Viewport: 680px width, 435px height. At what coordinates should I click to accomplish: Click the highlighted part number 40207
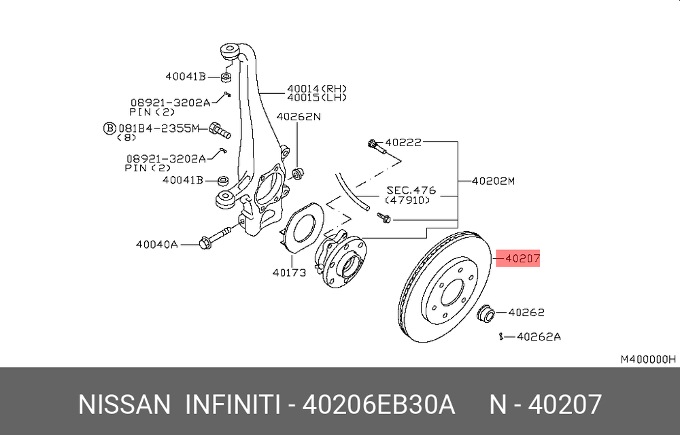pos(522,259)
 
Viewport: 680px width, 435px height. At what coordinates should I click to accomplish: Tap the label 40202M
pos(493,181)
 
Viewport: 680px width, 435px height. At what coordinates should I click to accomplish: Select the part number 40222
pos(403,142)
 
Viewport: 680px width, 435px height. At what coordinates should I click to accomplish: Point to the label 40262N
pos(299,116)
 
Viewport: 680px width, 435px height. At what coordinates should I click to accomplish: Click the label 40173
pos(289,273)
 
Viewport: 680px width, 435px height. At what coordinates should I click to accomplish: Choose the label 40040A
pos(157,245)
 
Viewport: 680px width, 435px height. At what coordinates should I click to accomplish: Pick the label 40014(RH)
pos(317,88)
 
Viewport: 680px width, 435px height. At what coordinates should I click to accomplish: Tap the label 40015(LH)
pos(317,97)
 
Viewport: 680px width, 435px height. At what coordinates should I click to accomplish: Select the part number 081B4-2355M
pos(158,128)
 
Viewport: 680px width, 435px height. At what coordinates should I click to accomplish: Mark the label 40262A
pos(539,336)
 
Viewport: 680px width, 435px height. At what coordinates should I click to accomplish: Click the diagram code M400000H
pos(648,359)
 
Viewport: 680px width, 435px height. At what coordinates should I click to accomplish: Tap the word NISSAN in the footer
pos(124,404)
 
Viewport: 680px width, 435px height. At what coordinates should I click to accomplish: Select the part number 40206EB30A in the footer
pos(378,404)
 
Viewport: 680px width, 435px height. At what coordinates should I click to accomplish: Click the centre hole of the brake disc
pos(453,292)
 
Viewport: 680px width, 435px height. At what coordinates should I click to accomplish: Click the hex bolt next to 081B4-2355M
pos(220,130)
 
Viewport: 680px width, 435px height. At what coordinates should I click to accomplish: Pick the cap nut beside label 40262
pos(486,313)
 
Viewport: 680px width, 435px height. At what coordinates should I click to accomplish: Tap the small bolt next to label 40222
pos(377,147)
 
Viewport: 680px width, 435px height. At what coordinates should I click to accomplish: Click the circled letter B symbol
pos(110,128)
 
